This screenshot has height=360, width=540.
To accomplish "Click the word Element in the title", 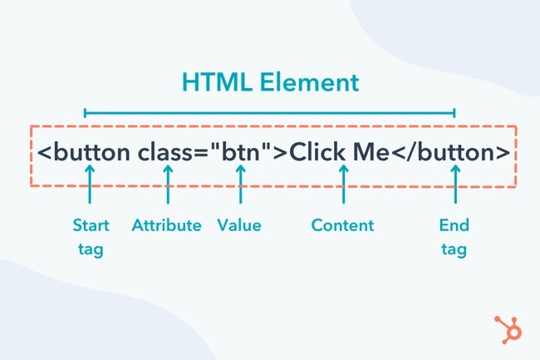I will (308, 82).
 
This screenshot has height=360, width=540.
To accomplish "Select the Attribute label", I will (166, 225).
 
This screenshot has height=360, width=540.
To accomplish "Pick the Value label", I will (239, 225).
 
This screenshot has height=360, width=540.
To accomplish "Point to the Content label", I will (342, 225).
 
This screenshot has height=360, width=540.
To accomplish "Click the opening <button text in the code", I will (84, 154).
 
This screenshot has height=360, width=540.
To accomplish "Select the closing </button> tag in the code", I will (452, 154).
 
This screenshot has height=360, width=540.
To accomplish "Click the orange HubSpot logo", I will (507, 328).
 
